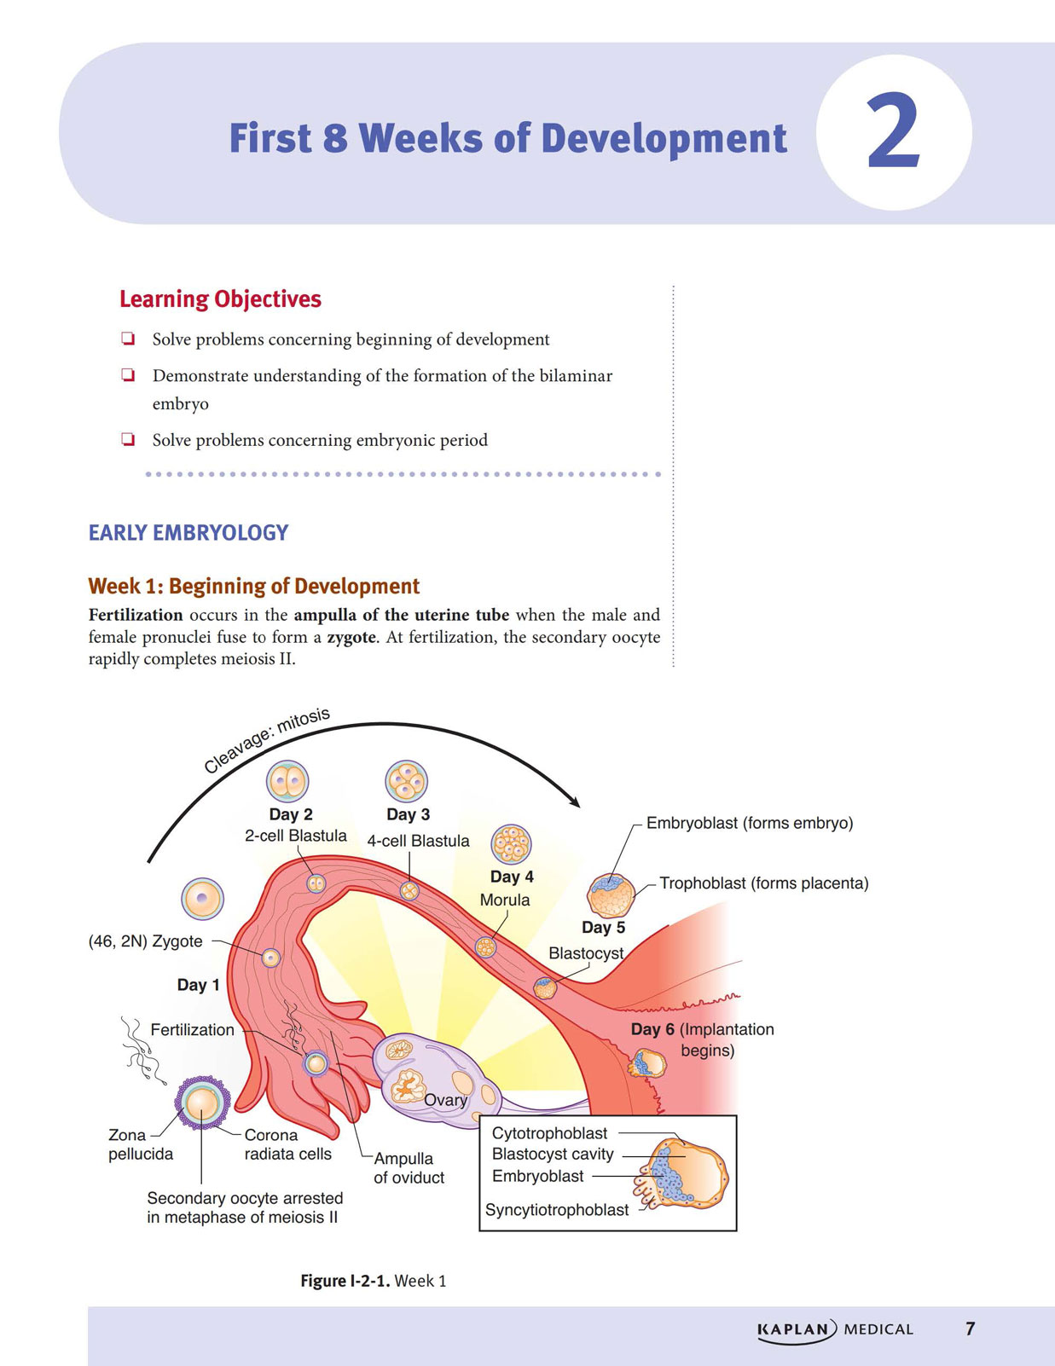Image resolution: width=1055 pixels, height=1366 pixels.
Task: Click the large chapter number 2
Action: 894,131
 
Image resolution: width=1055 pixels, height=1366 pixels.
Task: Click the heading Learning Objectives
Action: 220,299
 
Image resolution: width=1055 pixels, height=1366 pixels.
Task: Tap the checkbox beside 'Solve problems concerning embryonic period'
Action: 128,439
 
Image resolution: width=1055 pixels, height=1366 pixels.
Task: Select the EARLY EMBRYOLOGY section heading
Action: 188,532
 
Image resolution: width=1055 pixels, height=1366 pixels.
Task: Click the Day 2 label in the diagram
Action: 291,814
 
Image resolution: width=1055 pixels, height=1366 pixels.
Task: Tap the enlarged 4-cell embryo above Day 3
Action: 406,781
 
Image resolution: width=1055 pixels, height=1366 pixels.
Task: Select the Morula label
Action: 504,900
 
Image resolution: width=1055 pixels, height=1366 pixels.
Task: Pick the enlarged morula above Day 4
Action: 511,844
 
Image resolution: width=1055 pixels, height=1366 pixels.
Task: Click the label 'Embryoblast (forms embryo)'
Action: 750,824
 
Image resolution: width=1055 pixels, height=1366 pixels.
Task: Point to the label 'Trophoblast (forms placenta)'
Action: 763,883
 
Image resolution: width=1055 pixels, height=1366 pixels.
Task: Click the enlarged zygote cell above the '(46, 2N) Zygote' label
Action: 202,899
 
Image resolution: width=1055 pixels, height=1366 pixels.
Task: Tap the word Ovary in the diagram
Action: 445,1100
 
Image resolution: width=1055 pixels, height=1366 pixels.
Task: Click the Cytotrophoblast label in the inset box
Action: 549,1132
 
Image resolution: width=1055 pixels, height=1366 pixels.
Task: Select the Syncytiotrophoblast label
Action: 556,1210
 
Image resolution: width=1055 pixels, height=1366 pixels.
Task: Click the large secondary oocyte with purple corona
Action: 202,1103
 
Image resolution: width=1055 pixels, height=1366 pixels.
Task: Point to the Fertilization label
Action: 192,1030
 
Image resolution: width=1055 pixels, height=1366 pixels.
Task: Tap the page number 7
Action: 970,1328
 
